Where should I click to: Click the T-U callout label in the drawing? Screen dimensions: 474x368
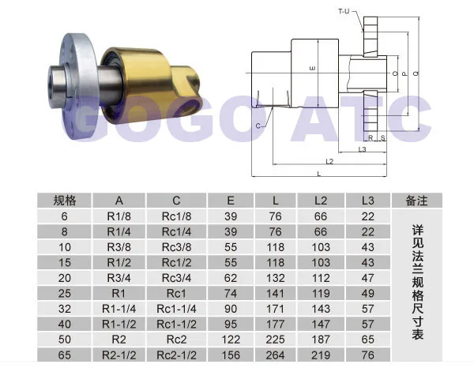click(x=344, y=12)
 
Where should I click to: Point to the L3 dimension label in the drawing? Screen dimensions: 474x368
click(x=362, y=149)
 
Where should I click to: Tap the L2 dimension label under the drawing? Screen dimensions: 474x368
click(x=329, y=161)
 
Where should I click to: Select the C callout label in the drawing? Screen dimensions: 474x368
click(x=258, y=126)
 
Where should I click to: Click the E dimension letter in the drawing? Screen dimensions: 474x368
click(x=313, y=69)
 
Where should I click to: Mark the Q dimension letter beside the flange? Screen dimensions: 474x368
click(x=416, y=73)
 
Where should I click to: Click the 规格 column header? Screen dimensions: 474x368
click(x=65, y=201)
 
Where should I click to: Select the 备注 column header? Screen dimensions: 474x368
click(x=416, y=201)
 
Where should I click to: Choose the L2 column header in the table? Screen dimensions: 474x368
click(x=321, y=201)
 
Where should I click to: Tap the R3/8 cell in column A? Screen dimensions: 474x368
click(x=118, y=247)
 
